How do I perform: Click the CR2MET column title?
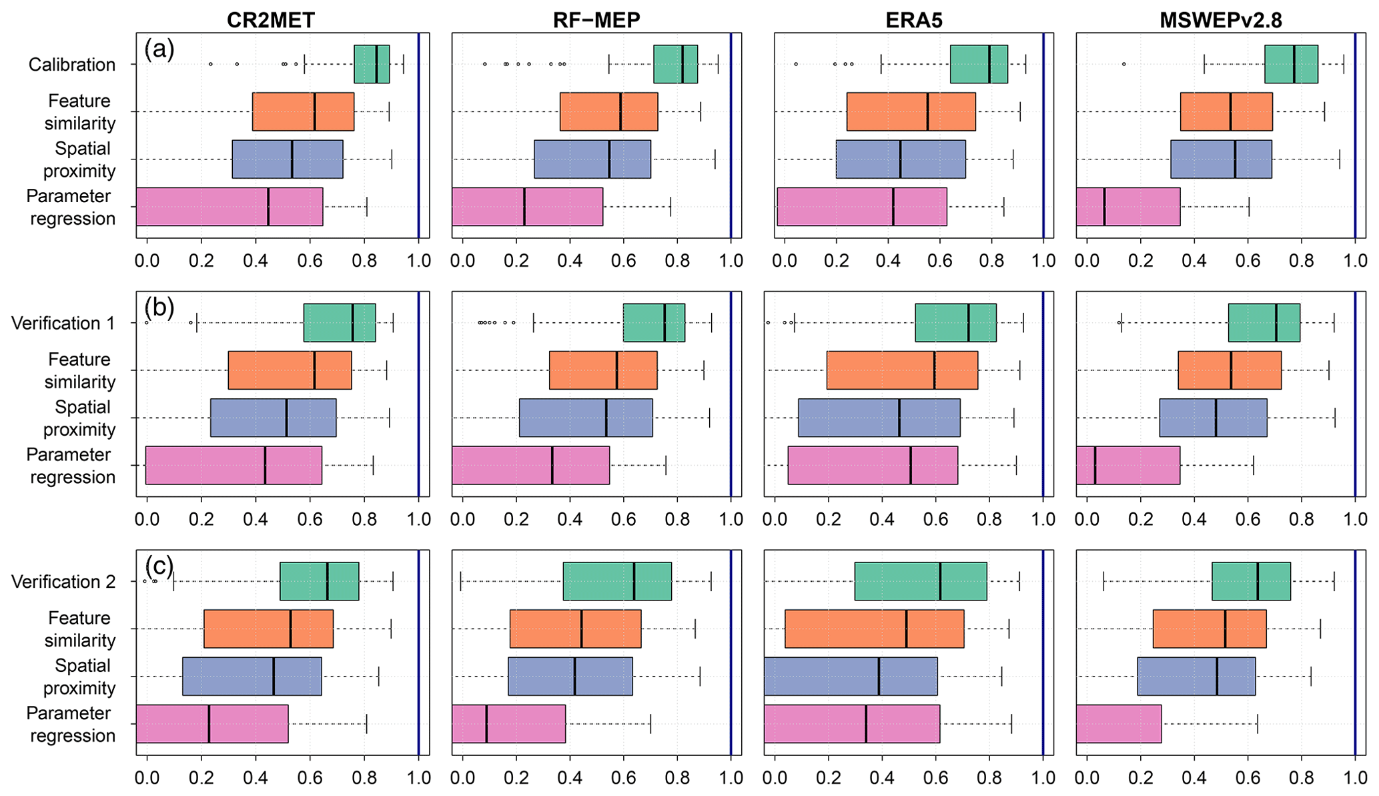270,20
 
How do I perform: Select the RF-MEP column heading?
596,20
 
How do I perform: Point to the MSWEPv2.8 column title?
1220,20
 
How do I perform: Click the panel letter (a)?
159,49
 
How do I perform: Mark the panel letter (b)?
159,307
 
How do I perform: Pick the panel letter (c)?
159,566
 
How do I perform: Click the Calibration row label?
72,65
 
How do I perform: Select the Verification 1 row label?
63,324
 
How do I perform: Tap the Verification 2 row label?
63,582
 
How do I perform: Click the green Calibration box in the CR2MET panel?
372,64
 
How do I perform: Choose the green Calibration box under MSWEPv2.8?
1291,64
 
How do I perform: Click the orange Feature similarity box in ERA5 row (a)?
911,111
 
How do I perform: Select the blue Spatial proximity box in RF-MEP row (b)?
586,418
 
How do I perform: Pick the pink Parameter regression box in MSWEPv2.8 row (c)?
1119,723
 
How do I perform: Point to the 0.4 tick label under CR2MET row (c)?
255,777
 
